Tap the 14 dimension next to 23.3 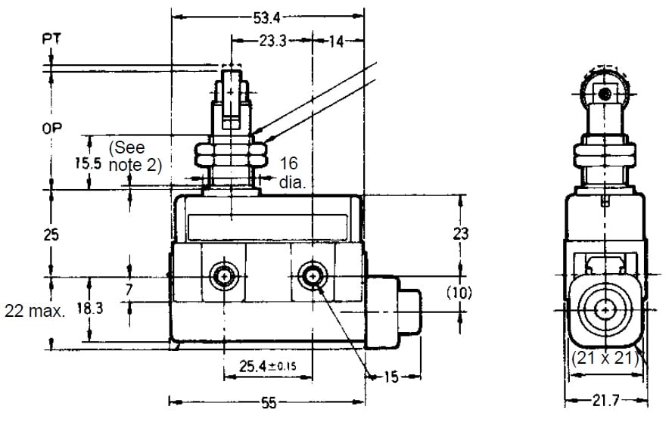[x=334, y=42]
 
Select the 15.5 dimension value [x=89, y=163]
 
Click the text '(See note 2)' [x=135, y=156]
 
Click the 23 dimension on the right [x=460, y=234]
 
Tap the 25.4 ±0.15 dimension [x=267, y=368]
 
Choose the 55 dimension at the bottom [x=269, y=404]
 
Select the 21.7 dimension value [x=607, y=400]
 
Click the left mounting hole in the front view [x=224, y=275]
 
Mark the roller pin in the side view [x=604, y=94]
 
